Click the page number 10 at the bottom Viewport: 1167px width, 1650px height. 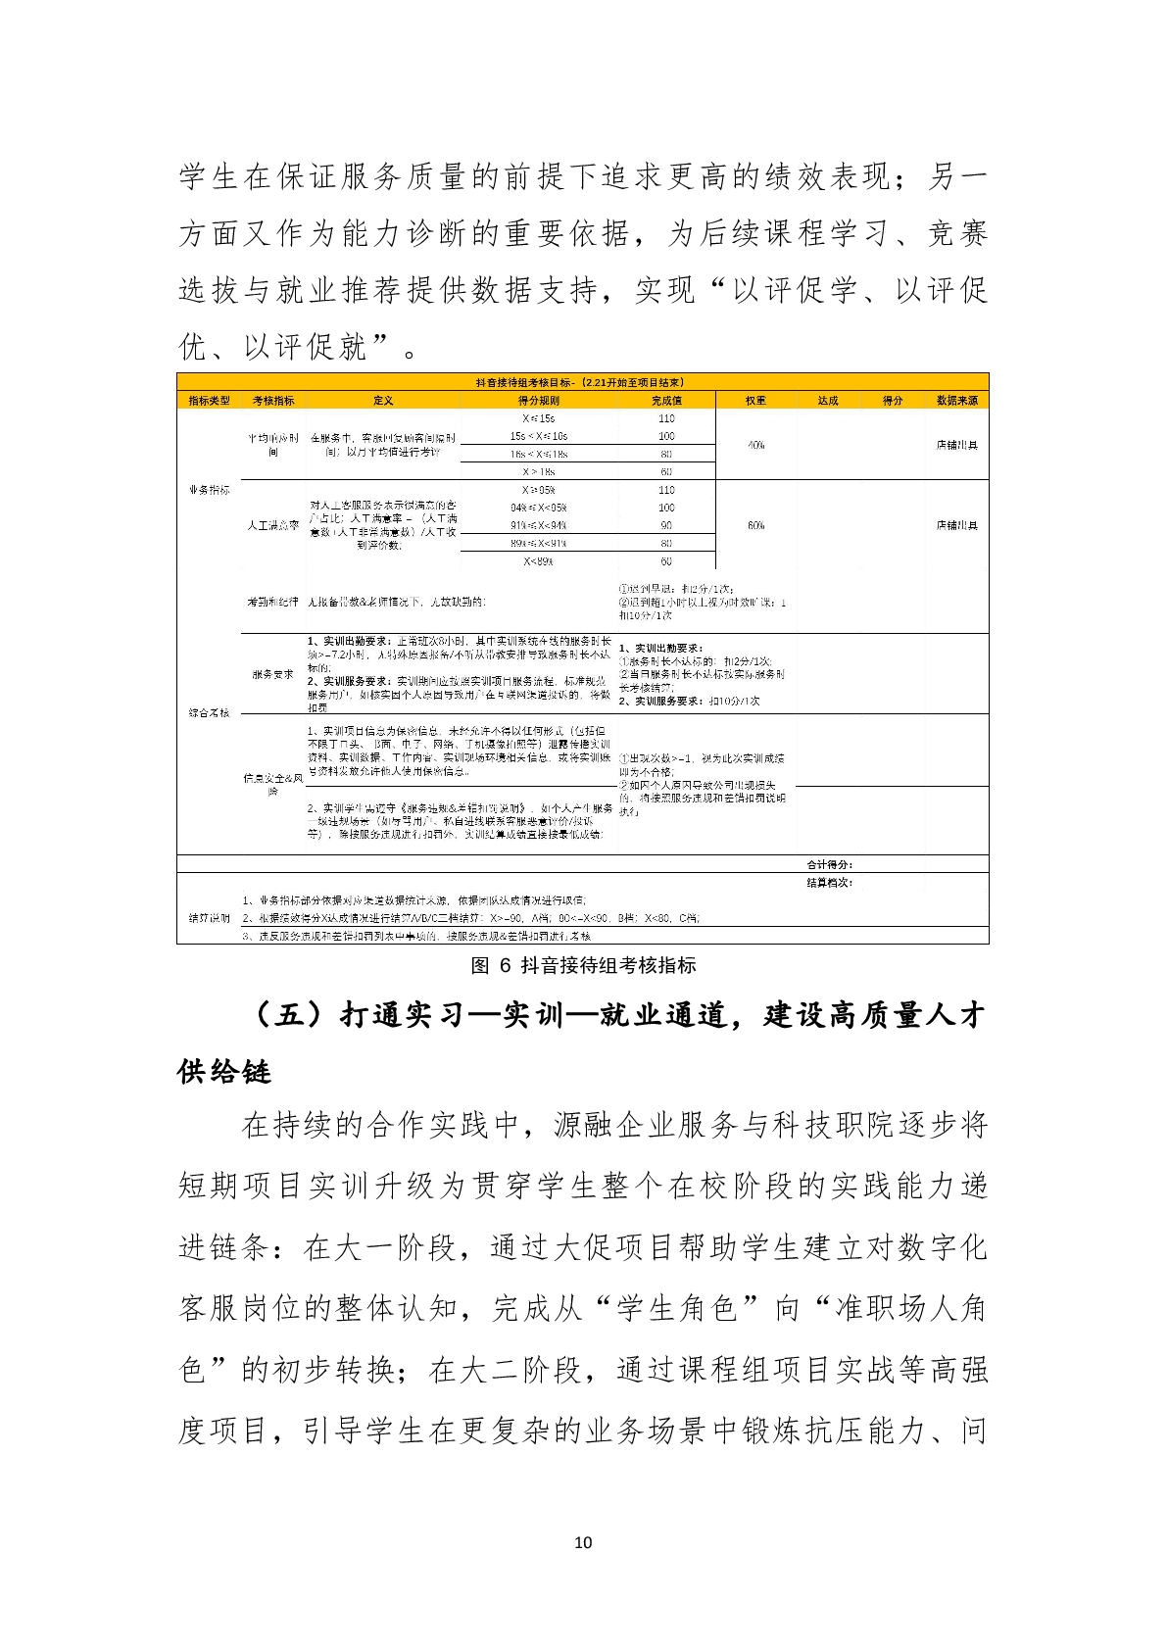[583, 1542]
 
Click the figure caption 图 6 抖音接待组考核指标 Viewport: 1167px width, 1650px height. [583, 966]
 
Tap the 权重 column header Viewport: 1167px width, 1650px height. [755, 401]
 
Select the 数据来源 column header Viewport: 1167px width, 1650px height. [956, 401]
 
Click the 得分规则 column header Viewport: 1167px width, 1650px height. [539, 401]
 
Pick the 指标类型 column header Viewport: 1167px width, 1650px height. [209, 401]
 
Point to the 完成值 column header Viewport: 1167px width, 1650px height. [666, 401]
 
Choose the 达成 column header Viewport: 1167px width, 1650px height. [828, 401]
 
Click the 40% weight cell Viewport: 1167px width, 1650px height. [755, 445]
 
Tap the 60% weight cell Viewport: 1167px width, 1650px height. [755, 525]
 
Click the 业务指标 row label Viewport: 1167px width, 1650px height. [209, 489]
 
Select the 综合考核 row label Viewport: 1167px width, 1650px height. [209, 712]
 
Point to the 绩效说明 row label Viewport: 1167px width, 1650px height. [209, 918]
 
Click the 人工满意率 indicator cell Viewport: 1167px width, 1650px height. [273, 526]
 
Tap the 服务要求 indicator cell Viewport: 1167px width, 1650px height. [273, 674]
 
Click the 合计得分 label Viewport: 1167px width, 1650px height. [829, 865]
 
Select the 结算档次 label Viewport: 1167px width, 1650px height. [829, 883]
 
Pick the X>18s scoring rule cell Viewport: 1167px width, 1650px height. [539, 471]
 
